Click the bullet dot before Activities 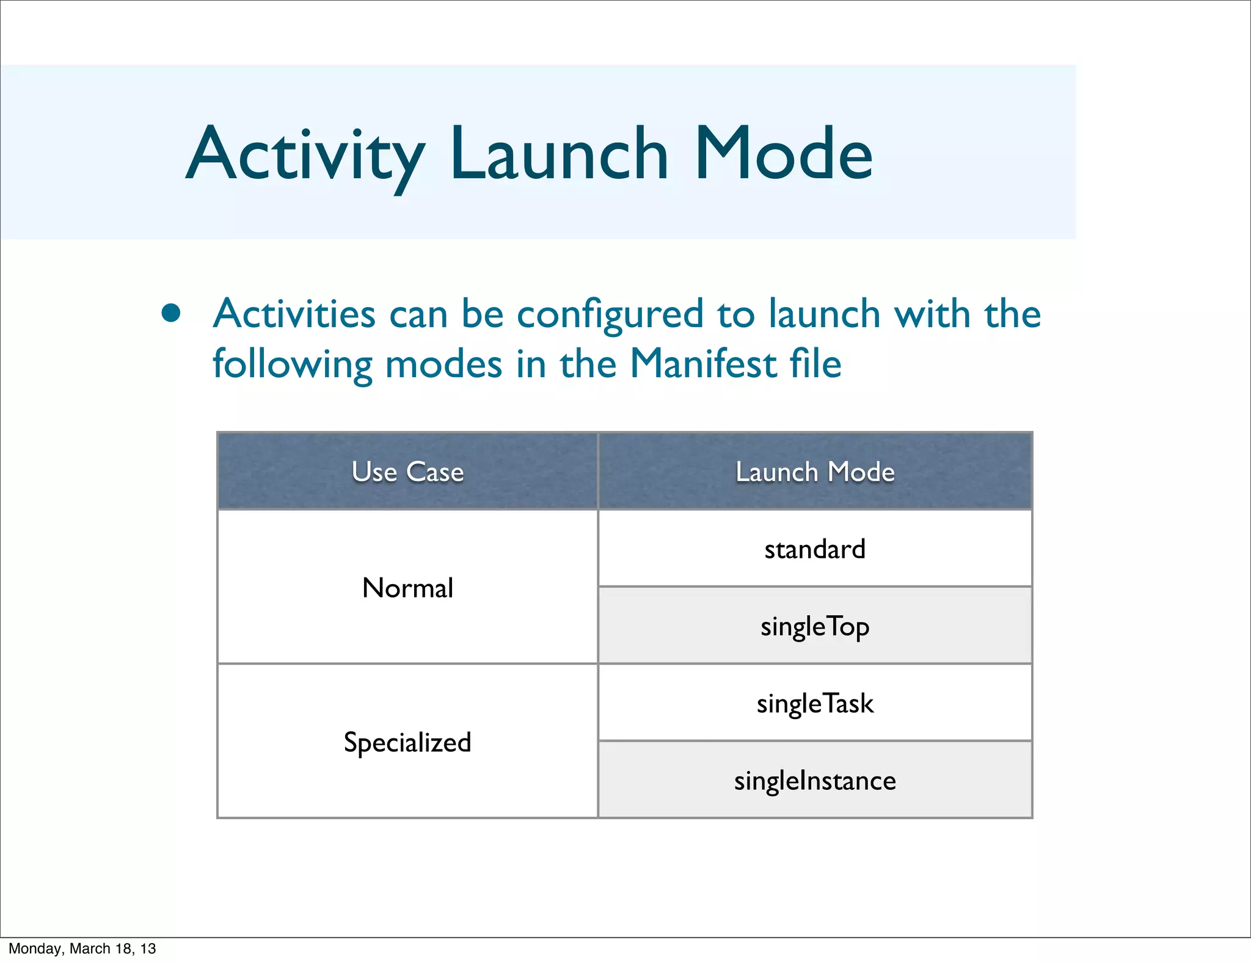171,313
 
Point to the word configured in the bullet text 610,314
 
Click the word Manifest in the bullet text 702,364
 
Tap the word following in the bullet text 292,365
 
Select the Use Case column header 407,472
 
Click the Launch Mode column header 815,472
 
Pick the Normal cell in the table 407,588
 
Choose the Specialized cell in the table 407,742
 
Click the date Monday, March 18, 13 82,949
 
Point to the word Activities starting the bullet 294,314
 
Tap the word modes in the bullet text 444,364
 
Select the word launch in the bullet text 824,314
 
